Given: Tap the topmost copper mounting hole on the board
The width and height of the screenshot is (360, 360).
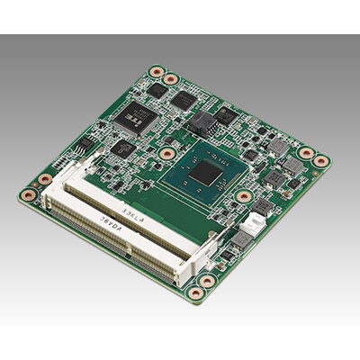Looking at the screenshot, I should (x=157, y=73).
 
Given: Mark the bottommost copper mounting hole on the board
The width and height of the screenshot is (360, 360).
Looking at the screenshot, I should (x=206, y=281).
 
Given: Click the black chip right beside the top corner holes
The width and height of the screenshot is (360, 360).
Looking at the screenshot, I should (x=157, y=90).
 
